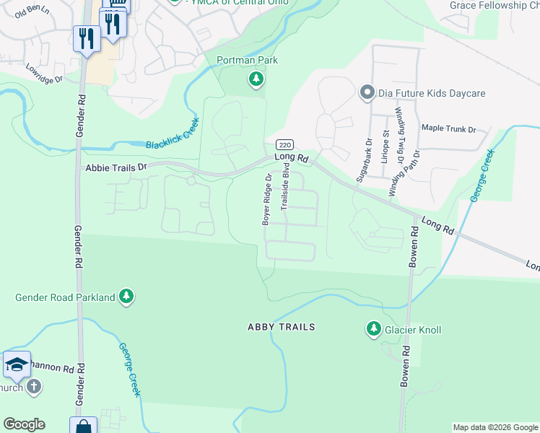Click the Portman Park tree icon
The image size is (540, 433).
[x=256, y=79]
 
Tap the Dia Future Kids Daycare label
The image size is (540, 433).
[x=432, y=93]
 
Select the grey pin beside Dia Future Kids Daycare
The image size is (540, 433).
[x=367, y=92]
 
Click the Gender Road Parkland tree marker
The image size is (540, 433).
[x=126, y=297]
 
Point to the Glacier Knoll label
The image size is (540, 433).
[x=413, y=330]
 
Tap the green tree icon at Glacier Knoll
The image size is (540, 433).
[x=373, y=329]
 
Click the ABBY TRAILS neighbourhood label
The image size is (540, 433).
[x=282, y=327]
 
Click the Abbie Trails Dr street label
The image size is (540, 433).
[x=116, y=167]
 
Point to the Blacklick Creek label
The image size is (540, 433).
[x=172, y=135]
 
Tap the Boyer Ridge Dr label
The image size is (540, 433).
[x=267, y=199]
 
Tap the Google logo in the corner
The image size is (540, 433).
[x=24, y=424]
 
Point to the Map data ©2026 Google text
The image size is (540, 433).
[x=495, y=427]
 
